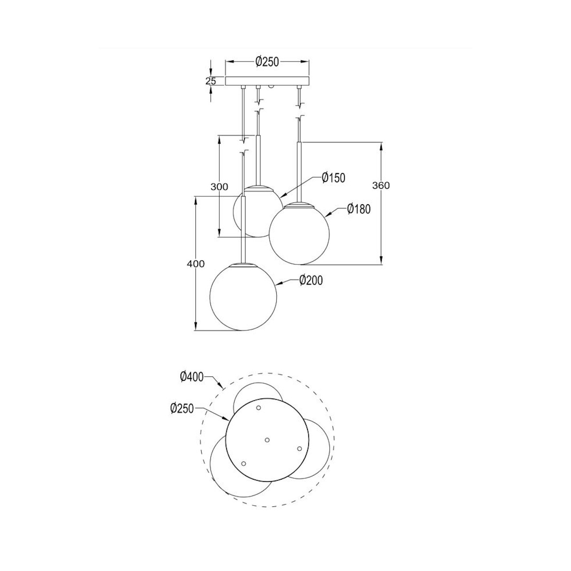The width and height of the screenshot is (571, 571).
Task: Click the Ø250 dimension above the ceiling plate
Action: point(267,62)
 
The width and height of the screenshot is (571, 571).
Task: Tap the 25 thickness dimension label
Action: point(211,81)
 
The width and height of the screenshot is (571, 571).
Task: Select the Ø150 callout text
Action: point(333,177)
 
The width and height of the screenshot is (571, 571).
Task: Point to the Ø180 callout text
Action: point(358,209)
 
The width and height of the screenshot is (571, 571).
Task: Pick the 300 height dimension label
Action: point(219,187)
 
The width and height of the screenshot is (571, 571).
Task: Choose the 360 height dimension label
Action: point(381,185)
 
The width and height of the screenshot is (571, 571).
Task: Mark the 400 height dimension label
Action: point(195,264)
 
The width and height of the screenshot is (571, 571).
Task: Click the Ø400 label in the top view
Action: point(192,376)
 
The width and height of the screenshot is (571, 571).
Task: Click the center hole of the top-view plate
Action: point(267,440)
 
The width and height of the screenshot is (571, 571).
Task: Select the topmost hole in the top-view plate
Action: point(258,408)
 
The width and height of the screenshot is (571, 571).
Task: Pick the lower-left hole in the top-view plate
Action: point(243,463)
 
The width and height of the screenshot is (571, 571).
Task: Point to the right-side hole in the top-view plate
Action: point(299,448)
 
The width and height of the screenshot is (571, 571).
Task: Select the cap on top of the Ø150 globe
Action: point(258,188)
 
